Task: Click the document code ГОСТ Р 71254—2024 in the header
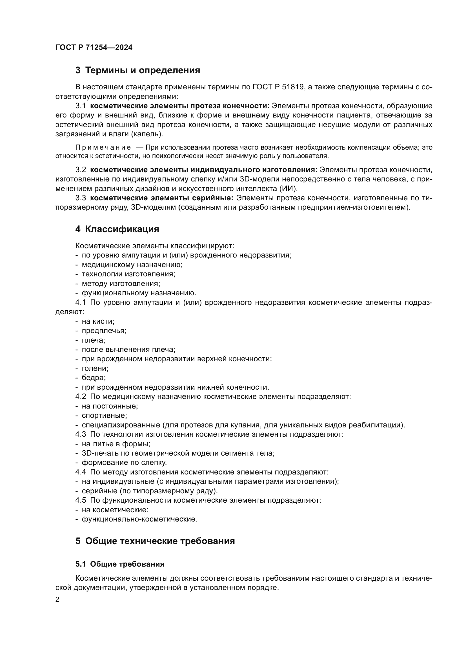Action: point(94,48)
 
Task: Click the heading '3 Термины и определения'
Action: point(138,70)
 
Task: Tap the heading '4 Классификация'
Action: point(117,229)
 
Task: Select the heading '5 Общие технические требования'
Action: point(155,541)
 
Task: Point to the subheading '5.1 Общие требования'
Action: point(120,564)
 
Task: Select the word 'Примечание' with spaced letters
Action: point(103,148)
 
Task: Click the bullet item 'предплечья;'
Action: point(104,331)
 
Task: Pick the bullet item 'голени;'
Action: point(95,368)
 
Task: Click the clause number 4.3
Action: point(81,434)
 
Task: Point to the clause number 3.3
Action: point(81,198)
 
